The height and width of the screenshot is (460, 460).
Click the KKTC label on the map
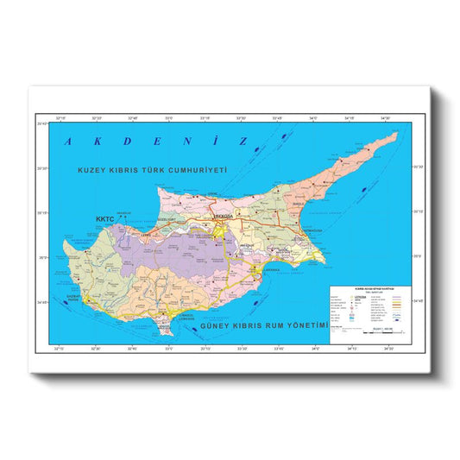click(104, 220)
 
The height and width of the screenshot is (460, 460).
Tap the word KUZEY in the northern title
click(92, 171)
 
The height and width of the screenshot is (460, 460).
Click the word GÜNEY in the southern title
click(216, 329)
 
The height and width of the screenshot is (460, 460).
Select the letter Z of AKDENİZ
click(244, 140)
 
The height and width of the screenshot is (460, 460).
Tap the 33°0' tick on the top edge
click(168, 118)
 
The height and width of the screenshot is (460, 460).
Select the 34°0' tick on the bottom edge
click(314, 348)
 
